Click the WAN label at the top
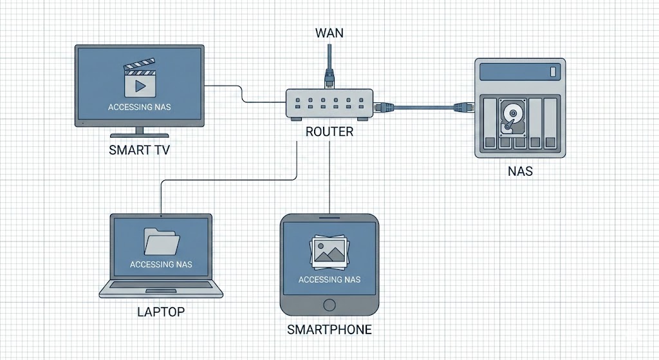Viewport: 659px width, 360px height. coord(329,32)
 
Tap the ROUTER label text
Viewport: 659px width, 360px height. coord(329,131)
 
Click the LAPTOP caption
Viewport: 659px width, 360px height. coord(161,312)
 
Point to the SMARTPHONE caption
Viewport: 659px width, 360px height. coord(329,330)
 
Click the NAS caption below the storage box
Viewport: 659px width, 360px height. coord(519,172)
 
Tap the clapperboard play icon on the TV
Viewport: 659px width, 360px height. coord(139,77)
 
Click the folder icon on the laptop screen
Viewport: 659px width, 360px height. coord(160,242)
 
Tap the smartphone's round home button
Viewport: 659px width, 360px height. coord(329,305)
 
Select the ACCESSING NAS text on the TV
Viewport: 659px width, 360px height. coord(139,107)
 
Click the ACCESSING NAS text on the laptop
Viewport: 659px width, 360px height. coord(160,265)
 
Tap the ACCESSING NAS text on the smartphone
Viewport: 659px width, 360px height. coord(329,279)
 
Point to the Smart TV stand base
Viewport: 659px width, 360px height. coord(139,135)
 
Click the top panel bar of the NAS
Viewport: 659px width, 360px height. coord(519,70)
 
